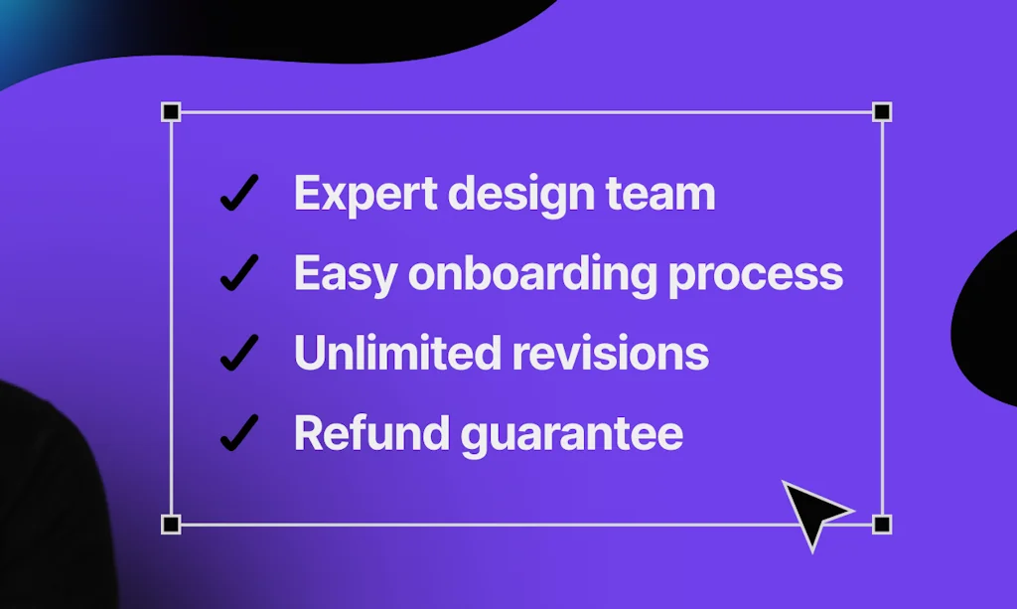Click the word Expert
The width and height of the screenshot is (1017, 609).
pyautogui.click(x=365, y=195)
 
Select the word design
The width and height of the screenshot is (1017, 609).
pyautogui.click(x=520, y=195)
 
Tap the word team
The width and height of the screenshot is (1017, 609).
pyautogui.click(x=660, y=194)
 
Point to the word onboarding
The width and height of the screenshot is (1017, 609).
pyautogui.click(x=532, y=273)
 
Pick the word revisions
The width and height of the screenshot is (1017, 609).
pyautogui.click(x=610, y=353)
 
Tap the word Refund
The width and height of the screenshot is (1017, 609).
pyautogui.click(x=371, y=432)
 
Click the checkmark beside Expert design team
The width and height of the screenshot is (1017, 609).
pyautogui.click(x=239, y=193)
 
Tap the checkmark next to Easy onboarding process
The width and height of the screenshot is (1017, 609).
pyautogui.click(x=239, y=272)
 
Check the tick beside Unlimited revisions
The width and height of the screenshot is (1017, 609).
pyautogui.click(x=239, y=353)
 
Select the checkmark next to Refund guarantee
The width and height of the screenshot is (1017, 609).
pyautogui.click(x=239, y=432)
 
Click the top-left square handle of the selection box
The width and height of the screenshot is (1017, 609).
pyautogui.click(x=171, y=112)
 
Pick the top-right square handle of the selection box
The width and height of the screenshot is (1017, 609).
pyautogui.click(x=882, y=112)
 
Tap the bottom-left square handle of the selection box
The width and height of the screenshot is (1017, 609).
pyautogui.click(x=171, y=524)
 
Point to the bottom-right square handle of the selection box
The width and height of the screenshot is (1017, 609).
pyautogui.click(x=882, y=524)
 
